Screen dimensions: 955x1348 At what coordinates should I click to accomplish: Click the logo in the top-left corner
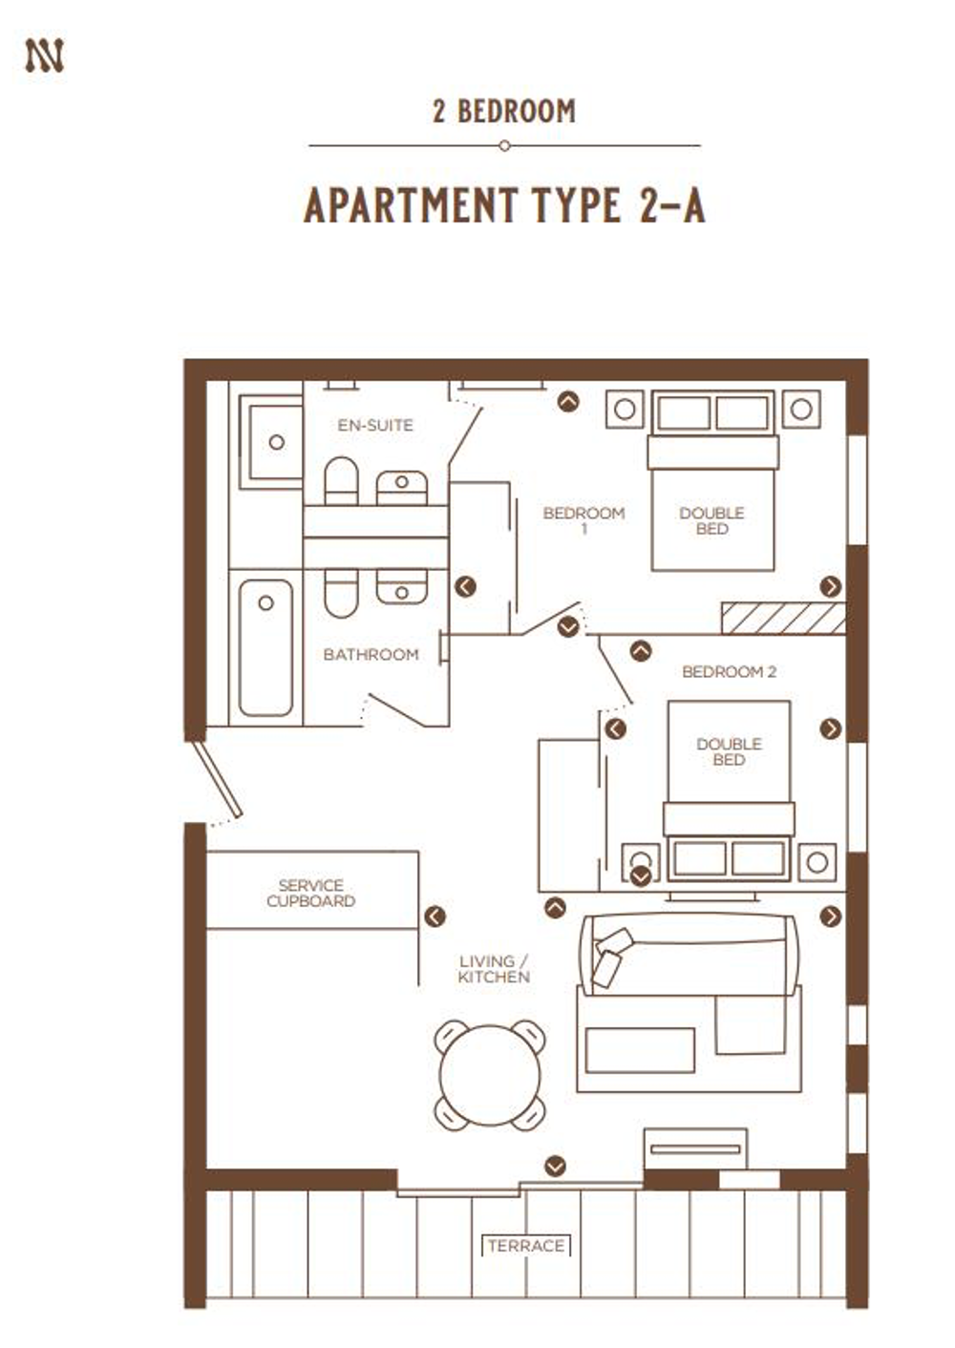[x=44, y=56]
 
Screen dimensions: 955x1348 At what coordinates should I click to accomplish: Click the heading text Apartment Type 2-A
[x=504, y=205]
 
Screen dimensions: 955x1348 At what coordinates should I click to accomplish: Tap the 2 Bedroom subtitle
[x=504, y=112]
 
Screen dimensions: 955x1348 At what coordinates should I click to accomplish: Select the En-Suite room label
[x=375, y=426]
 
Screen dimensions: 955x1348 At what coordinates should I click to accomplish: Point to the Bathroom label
[x=371, y=655]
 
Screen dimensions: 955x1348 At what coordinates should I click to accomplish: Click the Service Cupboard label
[x=311, y=893]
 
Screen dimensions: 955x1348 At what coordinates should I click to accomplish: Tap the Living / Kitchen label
[x=494, y=969]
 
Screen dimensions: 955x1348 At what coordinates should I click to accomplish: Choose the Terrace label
[x=526, y=1246]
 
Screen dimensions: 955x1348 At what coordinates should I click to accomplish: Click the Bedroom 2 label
[x=730, y=671]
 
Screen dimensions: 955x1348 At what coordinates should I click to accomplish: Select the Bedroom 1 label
[x=584, y=521]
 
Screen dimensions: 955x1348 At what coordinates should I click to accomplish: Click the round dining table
[x=490, y=1076]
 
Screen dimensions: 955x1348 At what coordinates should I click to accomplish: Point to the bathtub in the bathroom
[x=265, y=648]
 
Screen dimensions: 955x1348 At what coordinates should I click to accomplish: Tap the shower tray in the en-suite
[x=271, y=442]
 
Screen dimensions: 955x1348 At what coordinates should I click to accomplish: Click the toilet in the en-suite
[x=342, y=480]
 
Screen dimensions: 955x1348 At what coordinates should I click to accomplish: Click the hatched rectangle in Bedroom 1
[x=784, y=619]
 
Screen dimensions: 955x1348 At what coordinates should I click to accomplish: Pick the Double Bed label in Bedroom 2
[x=730, y=751]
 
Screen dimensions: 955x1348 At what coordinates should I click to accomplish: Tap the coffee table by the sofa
[x=640, y=1050]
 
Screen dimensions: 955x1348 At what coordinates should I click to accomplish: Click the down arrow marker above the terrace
[x=555, y=1166]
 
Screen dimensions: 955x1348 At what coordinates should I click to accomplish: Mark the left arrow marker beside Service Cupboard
[x=435, y=916]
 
